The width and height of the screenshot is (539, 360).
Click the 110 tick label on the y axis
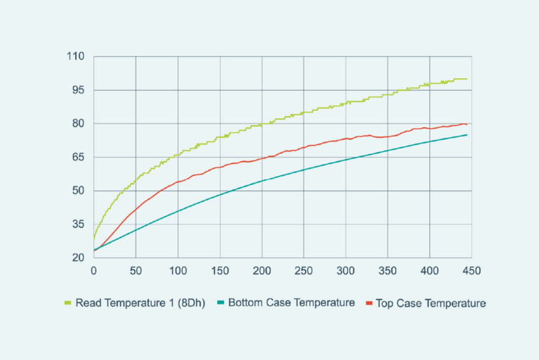74,56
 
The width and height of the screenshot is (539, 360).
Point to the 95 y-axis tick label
77,90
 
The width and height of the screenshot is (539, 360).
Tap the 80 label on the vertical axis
77,124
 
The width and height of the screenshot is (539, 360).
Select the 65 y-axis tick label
77,157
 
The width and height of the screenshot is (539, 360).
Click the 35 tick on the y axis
77,224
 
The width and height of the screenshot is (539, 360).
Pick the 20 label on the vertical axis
77,258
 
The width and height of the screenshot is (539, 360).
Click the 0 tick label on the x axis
93,270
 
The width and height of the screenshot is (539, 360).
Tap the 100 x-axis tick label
177,270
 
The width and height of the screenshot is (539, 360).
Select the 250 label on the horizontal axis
304,270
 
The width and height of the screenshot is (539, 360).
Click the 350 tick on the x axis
387,270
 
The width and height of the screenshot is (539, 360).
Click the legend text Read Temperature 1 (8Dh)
140,303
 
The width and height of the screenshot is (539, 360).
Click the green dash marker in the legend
68,303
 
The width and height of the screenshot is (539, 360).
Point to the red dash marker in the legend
370,303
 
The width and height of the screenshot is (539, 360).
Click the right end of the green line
467,79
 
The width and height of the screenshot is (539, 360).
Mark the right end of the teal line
467,135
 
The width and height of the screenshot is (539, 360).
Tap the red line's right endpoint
467,124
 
